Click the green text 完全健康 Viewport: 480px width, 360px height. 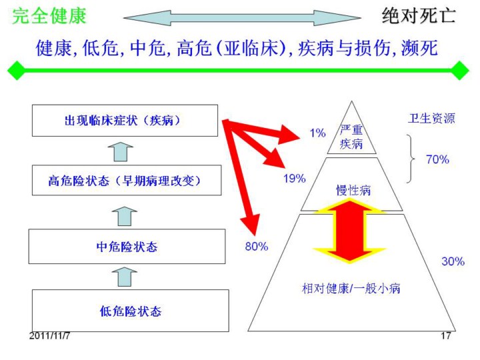tap(49, 16)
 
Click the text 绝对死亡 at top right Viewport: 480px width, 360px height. tap(419, 16)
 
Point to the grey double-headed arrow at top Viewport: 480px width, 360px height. tap(242, 17)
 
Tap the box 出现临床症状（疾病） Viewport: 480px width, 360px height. tap(125, 121)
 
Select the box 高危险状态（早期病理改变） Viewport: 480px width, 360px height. tap(125, 180)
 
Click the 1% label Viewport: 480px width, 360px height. tap(317, 133)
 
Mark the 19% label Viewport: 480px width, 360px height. tap(294, 178)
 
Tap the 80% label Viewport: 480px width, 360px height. tap(256, 246)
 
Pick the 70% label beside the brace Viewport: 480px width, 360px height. tap(437, 159)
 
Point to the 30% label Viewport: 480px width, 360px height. tap(453, 261)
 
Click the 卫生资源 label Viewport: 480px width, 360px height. tap(431, 119)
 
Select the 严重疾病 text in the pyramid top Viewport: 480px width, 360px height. tap(351, 137)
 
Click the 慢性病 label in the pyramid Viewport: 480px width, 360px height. tap(353, 191)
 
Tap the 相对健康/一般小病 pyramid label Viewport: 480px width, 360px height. tap(352, 289)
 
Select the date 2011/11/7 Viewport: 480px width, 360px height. tap(50, 335)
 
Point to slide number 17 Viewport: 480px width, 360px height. tap(446, 335)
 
